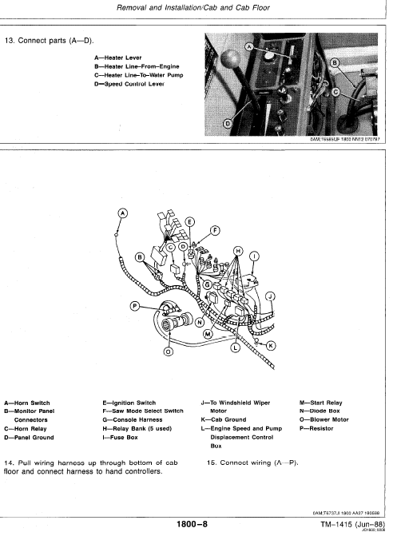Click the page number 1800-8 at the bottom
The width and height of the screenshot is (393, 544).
click(192, 525)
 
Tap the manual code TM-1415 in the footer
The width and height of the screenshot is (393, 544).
click(332, 524)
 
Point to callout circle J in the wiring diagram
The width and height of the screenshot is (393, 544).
click(270, 296)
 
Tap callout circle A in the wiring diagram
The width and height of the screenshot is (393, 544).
click(122, 213)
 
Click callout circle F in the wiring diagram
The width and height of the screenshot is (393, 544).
click(214, 231)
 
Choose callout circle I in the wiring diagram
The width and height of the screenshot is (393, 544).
click(255, 256)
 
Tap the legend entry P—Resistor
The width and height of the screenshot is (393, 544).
click(319, 429)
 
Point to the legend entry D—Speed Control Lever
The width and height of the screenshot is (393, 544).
click(129, 85)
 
